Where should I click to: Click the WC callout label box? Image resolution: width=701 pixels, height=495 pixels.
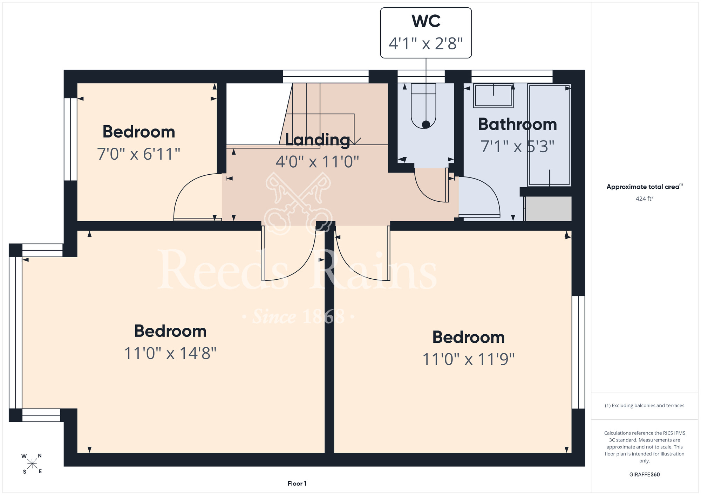tap(426, 33)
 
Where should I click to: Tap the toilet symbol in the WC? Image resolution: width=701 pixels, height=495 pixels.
tap(423, 106)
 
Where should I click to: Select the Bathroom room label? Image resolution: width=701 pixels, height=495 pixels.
tap(517, 124)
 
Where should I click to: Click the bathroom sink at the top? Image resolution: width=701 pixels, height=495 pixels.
tap(493, 96)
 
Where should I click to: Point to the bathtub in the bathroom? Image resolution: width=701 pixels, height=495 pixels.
tap(549, 135)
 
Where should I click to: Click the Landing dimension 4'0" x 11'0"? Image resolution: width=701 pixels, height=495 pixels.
tap(317, 162)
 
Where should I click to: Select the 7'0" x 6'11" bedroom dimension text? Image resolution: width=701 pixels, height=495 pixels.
tap(138, 154)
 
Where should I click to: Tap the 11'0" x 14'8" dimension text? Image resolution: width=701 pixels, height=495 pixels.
tap(170, 353)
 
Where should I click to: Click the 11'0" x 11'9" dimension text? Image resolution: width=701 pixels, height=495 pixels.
tap(468, 359)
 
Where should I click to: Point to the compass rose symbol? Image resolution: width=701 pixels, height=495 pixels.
tap(32, 464)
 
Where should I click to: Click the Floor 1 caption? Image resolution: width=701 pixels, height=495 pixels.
tap(297, 483)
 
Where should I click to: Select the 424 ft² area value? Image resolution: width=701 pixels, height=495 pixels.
tap(645, 198)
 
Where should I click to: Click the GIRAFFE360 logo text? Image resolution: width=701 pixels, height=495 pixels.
tap(645, 475)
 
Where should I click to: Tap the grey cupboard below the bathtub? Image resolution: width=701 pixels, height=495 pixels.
tap(548, 209)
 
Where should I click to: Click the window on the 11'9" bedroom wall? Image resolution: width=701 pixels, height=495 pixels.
tap(578, 352)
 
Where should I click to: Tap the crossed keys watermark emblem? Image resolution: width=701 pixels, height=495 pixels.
tap(298, 203)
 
